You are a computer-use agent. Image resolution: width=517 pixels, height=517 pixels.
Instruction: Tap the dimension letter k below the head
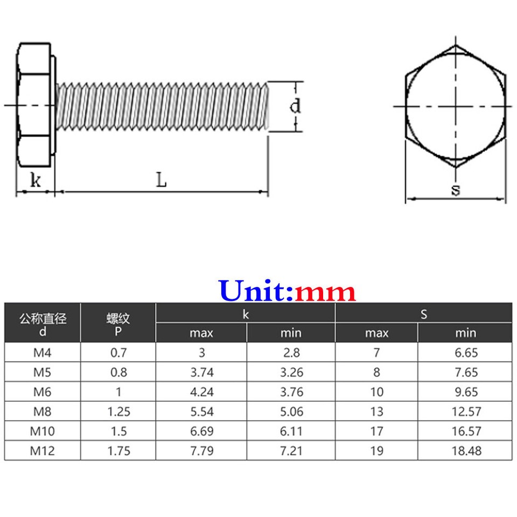click(35, 180)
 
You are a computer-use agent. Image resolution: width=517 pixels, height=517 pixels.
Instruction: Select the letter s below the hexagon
click(456, 190)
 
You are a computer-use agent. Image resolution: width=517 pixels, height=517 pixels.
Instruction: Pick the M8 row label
click(43, 411)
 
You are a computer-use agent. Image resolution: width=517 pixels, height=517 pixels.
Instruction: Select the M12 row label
click(43, 451)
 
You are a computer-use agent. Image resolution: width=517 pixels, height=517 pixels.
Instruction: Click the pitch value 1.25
click(118, 411)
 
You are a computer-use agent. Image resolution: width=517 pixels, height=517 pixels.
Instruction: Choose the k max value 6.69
click(201, 431)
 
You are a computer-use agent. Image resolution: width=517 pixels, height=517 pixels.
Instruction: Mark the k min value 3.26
click(291, 373)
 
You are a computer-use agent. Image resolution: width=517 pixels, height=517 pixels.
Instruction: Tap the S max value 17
click(376, 431)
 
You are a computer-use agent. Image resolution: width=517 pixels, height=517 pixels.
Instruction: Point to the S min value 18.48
click(466, 451)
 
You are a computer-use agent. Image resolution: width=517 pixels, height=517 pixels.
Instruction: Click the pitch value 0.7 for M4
click(118, 353)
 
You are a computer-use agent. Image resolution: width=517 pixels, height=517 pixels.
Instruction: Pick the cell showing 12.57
click(466, 411)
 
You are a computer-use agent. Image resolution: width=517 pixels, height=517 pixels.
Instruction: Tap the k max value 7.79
click(201, 451)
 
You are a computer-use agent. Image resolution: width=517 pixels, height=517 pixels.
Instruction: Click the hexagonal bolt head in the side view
click(34, 105)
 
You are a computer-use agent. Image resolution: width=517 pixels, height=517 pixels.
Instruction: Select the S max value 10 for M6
click(376, 392)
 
